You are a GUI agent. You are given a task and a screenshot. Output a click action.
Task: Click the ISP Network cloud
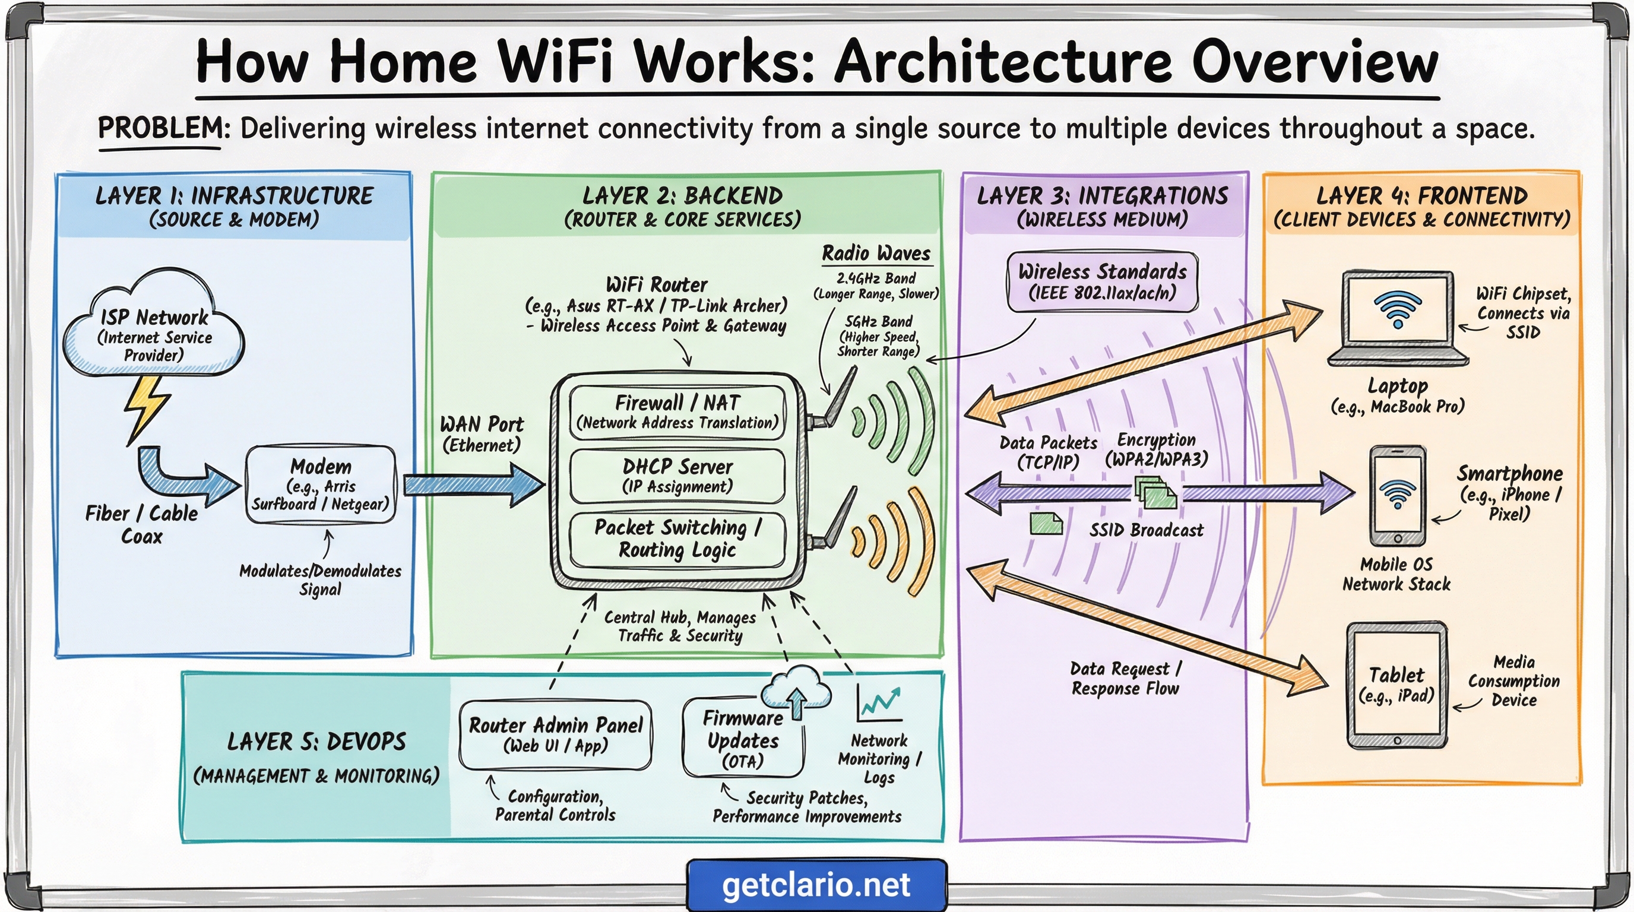click(x=154, y=327)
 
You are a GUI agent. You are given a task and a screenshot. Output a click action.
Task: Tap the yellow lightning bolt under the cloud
click(x=147, y=406)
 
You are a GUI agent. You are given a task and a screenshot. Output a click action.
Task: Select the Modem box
click(x=321, y=484)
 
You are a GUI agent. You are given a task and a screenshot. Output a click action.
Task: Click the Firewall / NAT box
click(x=677, y=411)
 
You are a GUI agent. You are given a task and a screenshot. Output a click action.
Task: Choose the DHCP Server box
click(x=677, y=476)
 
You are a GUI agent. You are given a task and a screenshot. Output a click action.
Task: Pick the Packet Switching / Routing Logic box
click(x=677, y=539)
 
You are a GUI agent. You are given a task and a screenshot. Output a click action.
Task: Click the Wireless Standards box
click(x=1102, y=281)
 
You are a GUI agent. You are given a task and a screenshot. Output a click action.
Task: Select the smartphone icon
click(x=1398, y=495)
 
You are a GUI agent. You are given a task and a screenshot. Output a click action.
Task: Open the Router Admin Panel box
click(x=556, y=734)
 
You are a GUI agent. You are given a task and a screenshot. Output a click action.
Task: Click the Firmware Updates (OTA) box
click(x=743, y=739)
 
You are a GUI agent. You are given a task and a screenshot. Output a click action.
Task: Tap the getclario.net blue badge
click(x=816, y=885)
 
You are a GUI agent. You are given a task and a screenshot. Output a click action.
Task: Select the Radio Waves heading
click(x=876, y=253)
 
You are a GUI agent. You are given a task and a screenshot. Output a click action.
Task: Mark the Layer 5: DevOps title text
click(x=316, y=742)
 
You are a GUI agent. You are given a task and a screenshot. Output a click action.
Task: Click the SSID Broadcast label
click(x=1145, y=530)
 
